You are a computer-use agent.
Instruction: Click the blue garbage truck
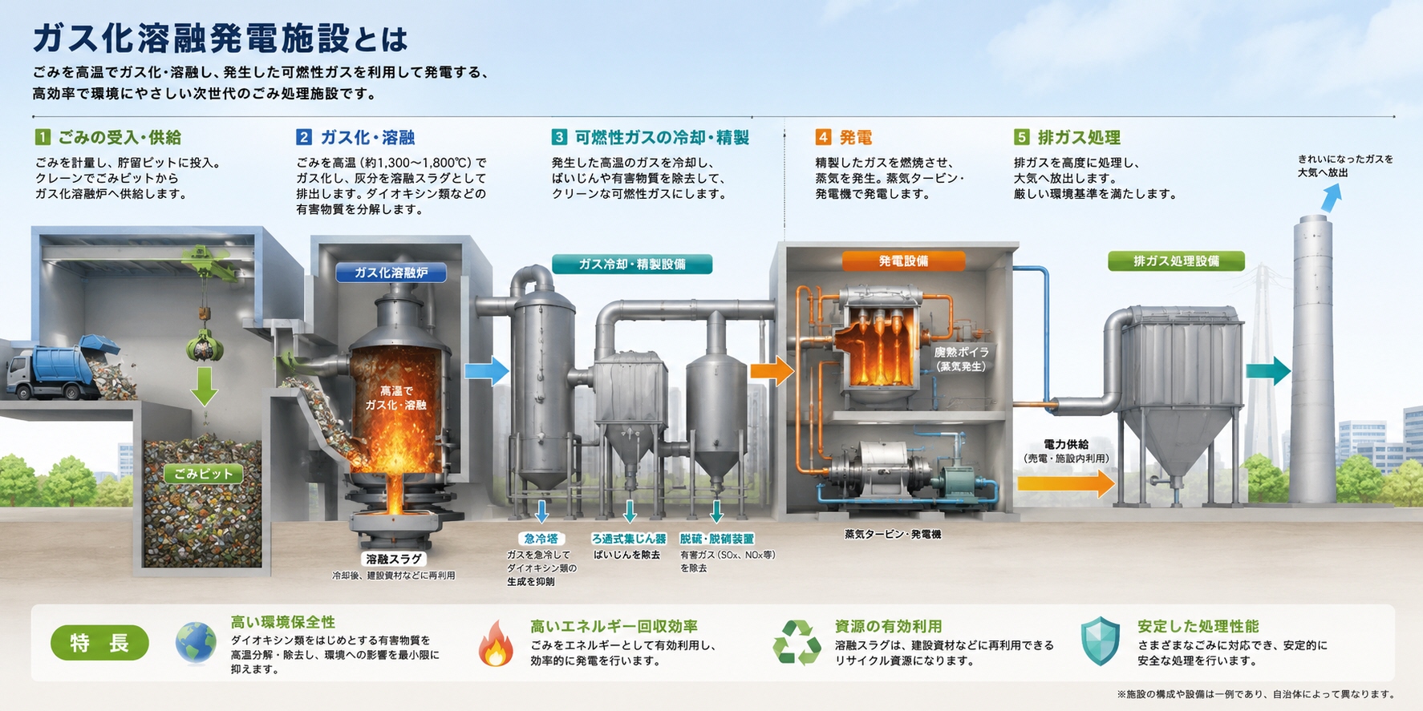[x=60, y=370]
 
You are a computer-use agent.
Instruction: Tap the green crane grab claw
[x=205, y=345]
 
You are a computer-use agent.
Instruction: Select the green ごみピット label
[x=203, y=474]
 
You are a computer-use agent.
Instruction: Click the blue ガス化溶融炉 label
[x=391, y=273]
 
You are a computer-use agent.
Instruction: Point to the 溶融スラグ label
[x=393, y=559]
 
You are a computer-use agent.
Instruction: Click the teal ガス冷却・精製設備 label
[x=632, y=264]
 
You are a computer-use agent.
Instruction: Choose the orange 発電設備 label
[x=903, y=261]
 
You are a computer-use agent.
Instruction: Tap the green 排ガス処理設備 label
[x=1176, y=261]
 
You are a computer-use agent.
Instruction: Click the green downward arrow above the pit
[x=205, y=386]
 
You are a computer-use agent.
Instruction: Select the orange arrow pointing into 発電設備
[x=772, y=370]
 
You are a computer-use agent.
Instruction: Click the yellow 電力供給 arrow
[x=1066, y=483]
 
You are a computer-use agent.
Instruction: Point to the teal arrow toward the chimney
[x=1268, y=370]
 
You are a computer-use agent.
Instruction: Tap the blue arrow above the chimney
[x=1331, y=197]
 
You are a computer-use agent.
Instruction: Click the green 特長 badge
[x=99, y=643]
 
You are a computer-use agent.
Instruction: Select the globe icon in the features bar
[x=196, y=643]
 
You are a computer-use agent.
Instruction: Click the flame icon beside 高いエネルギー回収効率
[x=496, y=643]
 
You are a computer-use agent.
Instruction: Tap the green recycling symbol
[x=797, y=643]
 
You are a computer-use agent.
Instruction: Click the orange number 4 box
[x=823, y=137]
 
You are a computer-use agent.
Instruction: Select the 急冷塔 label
[x=541, y=539]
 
